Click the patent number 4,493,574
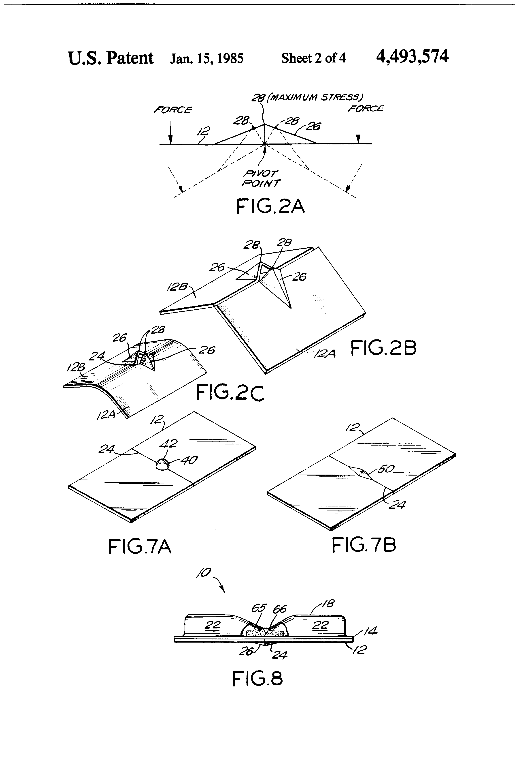coord(412,57)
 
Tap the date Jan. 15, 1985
coord(207,58)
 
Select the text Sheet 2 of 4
coord(313,58)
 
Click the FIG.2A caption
coord(270,207)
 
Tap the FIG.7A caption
coord(140,547)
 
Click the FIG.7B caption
coord(364,545)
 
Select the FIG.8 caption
coord(257,679)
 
